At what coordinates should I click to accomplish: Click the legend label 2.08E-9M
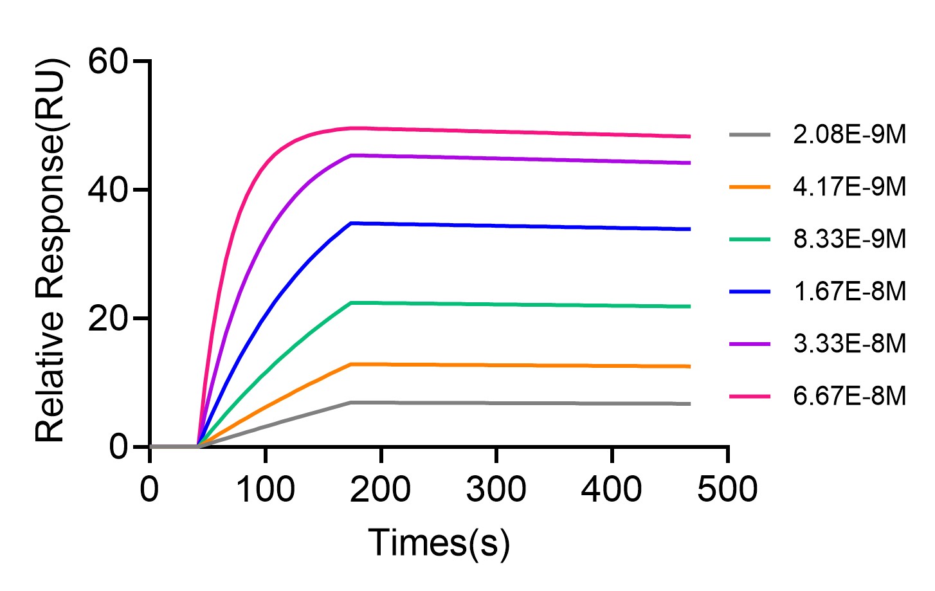[x=849, y=134]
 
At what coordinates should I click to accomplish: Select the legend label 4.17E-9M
[x=849, y=187]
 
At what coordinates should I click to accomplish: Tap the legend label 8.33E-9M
[x=849, y=239]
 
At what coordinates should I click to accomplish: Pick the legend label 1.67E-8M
[x=849, y=291]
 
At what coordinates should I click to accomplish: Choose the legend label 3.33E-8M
[x=849, y=343]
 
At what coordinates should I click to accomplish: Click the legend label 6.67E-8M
[x=849, y=396]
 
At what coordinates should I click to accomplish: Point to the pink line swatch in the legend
[x=750, y=396]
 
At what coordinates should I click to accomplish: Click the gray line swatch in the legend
[x=750, y=135]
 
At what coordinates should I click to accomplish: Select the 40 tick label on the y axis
[x=109, y=190]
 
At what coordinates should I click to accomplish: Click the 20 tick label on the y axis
[x=109, y=318]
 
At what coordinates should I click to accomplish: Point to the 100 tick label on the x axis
[x=266, y=489]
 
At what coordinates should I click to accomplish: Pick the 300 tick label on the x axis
[x=496, y=489]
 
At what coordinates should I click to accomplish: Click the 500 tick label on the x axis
[x=727, y=489]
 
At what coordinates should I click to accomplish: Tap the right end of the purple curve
[x=689, y=163]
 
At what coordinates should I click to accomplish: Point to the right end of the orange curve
[x=689, y=367]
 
